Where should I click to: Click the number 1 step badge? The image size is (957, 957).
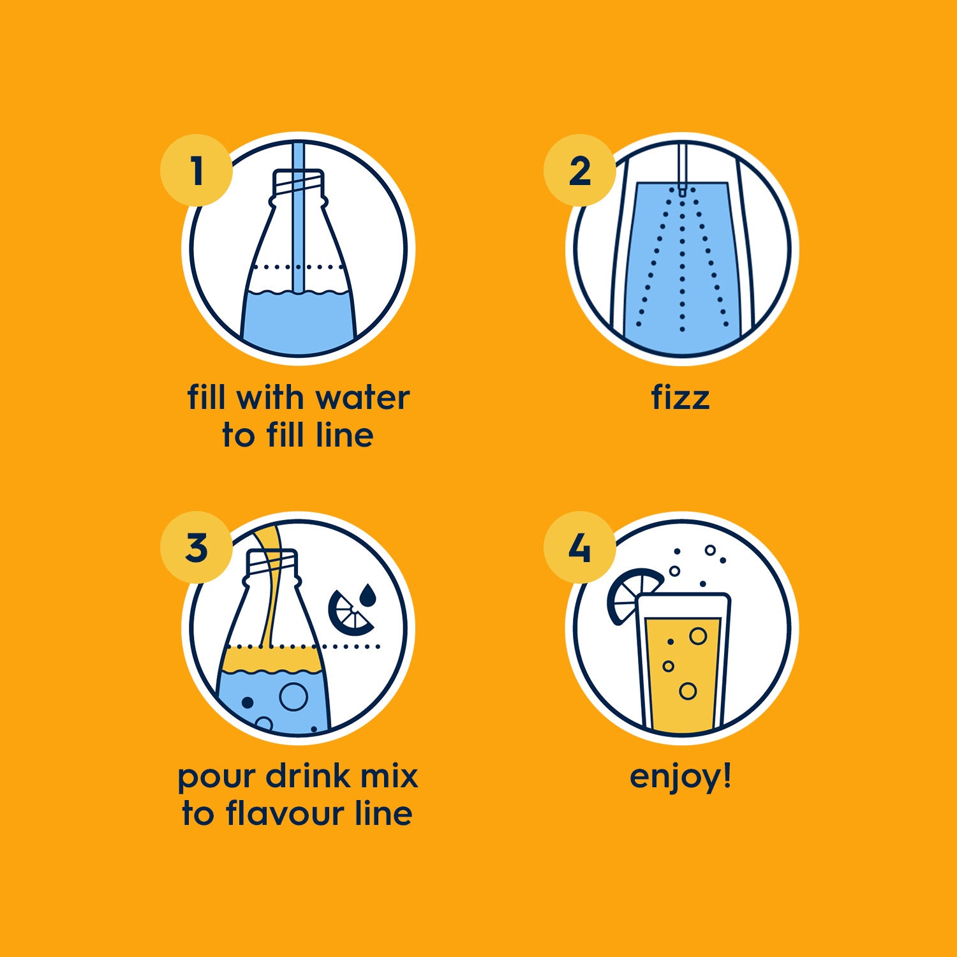[x=196, y=170]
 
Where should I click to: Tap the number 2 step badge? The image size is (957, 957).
[x=579, y=170]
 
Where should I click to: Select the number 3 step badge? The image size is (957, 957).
[x=196, y=547]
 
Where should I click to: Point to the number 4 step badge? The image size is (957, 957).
[x=579, y=547]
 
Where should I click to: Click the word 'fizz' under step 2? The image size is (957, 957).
[x=680, y=397]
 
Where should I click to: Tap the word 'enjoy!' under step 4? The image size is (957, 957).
[x=680, y=777]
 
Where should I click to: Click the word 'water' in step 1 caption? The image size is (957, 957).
[x=362, y=397]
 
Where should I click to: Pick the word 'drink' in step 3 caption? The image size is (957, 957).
[x=308, y=776]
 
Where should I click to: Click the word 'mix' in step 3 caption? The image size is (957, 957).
[x=389, y=776]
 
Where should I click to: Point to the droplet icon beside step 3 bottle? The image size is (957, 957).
[x=367, y=594]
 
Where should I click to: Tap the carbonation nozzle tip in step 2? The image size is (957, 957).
[x=682, y=189]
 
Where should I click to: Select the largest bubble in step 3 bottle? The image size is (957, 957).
[x=294, y=696]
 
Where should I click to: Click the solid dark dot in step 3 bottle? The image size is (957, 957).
[x=248, y=702]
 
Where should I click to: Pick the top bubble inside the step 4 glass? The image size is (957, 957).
[x=698, y=635]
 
